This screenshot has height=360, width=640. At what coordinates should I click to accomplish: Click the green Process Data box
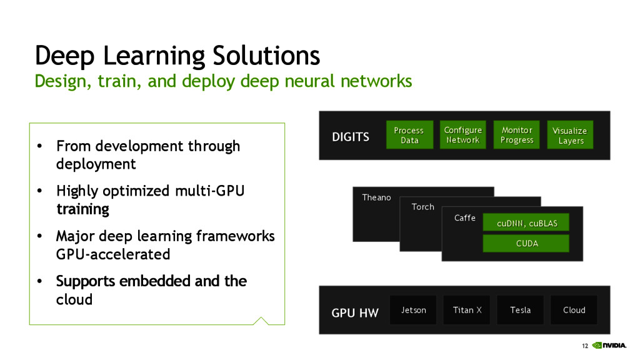point(409,135)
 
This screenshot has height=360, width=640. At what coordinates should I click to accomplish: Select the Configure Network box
point(463,135)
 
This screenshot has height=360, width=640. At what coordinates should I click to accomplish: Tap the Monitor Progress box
point(517,135)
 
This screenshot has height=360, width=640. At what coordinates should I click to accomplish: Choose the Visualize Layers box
point(570,135)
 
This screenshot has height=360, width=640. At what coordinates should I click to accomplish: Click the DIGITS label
point(351,137)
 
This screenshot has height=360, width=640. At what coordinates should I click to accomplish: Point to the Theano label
point(376,197)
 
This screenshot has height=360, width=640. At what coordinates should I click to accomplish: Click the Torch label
point(423,207)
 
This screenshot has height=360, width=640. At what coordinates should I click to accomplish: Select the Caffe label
point(465,218)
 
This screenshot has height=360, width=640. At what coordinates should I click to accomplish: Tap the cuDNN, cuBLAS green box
point(526,222)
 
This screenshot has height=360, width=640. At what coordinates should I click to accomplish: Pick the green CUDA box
point(526,243)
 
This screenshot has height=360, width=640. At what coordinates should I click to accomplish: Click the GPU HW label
point(355,313)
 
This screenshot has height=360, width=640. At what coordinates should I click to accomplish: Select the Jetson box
point(413,310)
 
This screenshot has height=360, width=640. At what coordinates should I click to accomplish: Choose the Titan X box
point(466,310)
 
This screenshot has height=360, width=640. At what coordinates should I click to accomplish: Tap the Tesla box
point(521,310)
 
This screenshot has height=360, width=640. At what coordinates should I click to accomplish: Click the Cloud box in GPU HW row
point(574,310)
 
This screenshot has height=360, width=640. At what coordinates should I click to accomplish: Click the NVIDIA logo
point(609,345)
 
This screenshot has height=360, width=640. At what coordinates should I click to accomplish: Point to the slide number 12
point(585,346)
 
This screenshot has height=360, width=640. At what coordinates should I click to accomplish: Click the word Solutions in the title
point(266,56)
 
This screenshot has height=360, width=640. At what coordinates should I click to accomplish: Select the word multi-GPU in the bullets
point(210,191)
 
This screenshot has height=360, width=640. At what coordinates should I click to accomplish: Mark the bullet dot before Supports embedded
point(39,281)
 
